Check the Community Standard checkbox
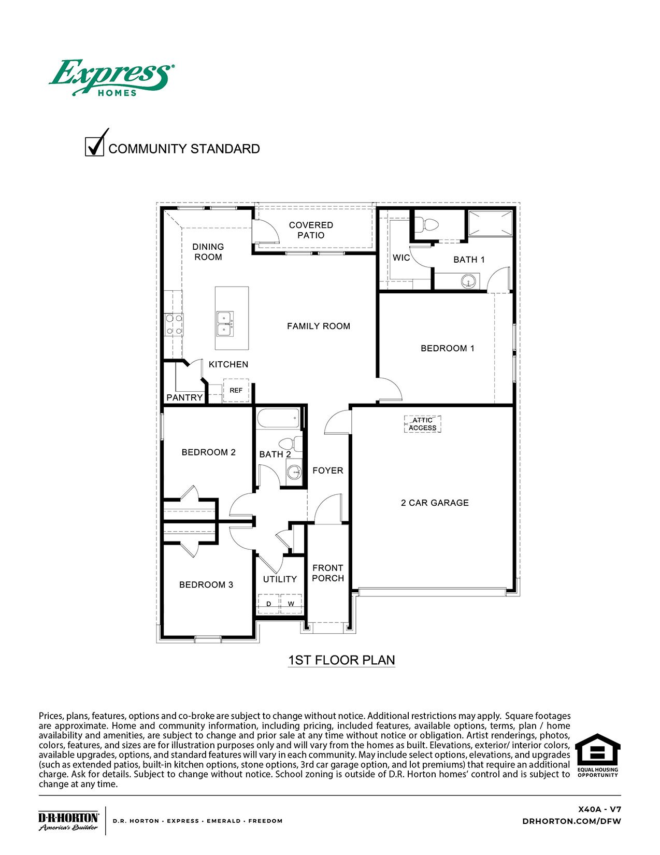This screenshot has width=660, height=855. (x=94, y=146)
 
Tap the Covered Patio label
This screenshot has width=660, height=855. (x=311, y=230)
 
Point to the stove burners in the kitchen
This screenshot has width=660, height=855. (x=174, y=324)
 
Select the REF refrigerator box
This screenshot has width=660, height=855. (x=236, y=390)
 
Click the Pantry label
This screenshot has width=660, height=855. (x=184, y=397)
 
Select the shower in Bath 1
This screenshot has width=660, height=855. (x=489, y=223)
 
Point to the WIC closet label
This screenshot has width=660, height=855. (x=401, y=258)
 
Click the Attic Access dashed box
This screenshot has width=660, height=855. (x=422, y=424)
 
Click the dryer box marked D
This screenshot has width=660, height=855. (x=268, y=604)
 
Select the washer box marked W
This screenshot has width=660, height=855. (x=291, y=604)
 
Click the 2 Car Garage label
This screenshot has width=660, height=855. (x=435, y=503)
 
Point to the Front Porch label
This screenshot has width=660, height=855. (x=327, y=573)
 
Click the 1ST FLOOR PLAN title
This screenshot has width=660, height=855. (x=341, y=660)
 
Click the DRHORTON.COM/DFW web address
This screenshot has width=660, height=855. (x=571, y=821)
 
